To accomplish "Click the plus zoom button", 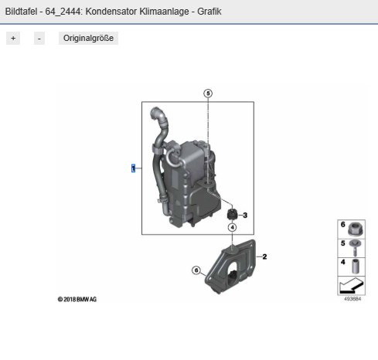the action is click(x=13, y=39).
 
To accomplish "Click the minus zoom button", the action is click(x=39, y=39).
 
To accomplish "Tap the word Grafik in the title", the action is click(x=209, y=12).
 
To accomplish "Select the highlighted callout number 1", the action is click(x=133, y=168).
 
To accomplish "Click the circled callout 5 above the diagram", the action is click(x=208, y=93).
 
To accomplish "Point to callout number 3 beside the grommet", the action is click(x=245, y=215).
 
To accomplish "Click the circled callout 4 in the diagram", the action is click(x=233, y=227).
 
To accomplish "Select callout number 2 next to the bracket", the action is click(x=264, y=256).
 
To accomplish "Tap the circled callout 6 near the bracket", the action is click(x=196, y=270).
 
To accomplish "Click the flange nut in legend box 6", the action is click(x=356, y=229).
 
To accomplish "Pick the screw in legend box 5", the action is click(x=354, y=248).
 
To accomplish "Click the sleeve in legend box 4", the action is click(x=355, y=267).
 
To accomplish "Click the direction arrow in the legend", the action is click(x=352, y=286).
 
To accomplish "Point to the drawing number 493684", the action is click(x=352, y=299).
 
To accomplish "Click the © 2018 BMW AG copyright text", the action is click(x=77, y=299).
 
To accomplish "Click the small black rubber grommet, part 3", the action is click(x=232, y=215).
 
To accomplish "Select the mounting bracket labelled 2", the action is click(x=230, y=267).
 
